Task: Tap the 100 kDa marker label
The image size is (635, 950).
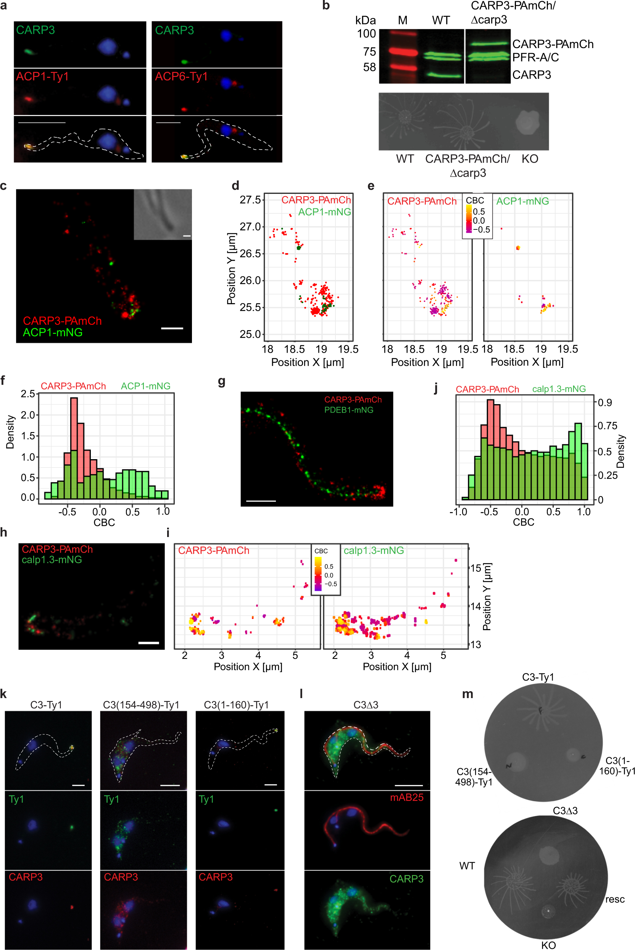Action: click(x=366, y=34)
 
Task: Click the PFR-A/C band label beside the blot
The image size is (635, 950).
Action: click(x=535, y=58)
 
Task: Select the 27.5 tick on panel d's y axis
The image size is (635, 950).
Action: click(x=250, y=200)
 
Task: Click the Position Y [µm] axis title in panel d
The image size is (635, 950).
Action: click(x=231, y=268)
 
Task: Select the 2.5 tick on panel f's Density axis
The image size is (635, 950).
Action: click(x=27, y=394)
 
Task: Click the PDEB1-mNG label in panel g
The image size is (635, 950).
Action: click(x=349, y=410)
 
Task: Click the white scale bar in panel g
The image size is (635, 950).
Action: click(x=261, y=501)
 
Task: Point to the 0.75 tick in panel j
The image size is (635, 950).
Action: click(x=608, y=426)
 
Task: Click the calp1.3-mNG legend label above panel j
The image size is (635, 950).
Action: click(x=558, y=389)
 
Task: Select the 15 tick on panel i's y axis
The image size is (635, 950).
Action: click(x=475, y=568)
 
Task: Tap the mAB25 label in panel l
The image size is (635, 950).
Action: click(x=406, y=798)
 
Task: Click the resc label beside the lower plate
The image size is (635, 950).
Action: click(x=614, y=899)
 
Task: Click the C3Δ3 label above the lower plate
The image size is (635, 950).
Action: click(x=565, y=811)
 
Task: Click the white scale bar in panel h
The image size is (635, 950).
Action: click(x=148, y=643)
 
